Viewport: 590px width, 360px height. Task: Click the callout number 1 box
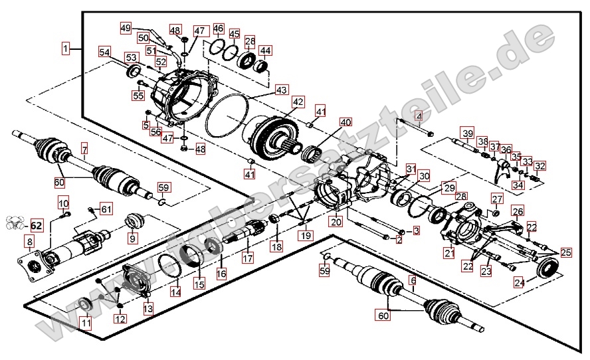tap(66, 48)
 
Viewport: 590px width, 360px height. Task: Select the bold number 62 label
tap(37, 225)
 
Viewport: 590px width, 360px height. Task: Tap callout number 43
tap(282, 89)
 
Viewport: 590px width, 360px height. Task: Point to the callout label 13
tap(147, 308)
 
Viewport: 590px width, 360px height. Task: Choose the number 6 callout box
tap(412, 280)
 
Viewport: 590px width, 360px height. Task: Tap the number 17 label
tap(247, 257)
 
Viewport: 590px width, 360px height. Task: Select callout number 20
tap(336, 223)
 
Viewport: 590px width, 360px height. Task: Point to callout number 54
tap(105, 52)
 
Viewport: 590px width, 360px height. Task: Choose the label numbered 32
tap(540, 166)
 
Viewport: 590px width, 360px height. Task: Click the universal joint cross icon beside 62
tap(15, 224)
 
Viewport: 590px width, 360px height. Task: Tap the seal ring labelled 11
tap(85, 305)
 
